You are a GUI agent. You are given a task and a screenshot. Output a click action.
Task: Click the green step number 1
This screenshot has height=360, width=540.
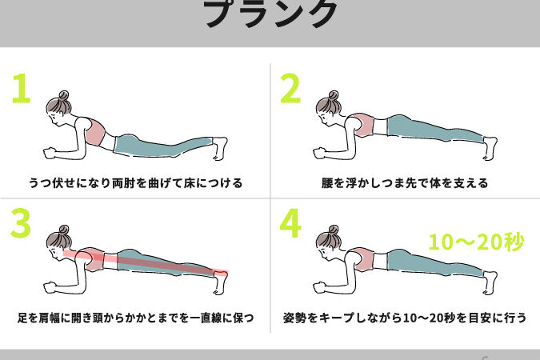(22, 88)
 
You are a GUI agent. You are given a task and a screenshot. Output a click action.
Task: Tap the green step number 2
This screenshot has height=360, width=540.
(290, 88)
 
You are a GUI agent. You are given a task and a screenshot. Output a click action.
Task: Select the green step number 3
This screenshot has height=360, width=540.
(21, 222)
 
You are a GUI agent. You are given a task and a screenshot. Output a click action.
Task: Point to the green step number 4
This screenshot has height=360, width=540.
(290, 222)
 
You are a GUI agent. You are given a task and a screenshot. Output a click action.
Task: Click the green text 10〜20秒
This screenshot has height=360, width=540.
(477, 242)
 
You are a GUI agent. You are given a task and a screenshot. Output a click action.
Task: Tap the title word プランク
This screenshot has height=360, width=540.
(270, 13)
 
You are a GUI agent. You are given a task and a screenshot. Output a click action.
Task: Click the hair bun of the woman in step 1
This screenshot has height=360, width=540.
(64, 95)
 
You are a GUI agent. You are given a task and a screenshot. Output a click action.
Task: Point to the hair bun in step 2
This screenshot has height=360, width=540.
(334, 95)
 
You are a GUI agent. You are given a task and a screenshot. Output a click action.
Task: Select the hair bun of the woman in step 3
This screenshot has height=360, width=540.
(64, 230)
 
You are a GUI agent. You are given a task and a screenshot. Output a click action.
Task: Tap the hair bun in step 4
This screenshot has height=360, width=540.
(334, 230)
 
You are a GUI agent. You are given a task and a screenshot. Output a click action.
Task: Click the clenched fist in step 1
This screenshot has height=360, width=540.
(50, 154)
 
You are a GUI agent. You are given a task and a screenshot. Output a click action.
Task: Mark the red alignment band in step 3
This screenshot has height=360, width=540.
(146, 264)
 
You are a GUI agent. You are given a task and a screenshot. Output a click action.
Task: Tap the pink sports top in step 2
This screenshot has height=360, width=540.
(362, 125)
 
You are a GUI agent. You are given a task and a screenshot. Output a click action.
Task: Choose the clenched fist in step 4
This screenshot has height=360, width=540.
(319, 288)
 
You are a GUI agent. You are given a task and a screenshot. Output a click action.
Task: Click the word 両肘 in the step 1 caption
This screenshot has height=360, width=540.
(123, 183)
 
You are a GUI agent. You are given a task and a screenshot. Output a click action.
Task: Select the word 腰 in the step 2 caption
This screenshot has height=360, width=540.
(327, 183)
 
